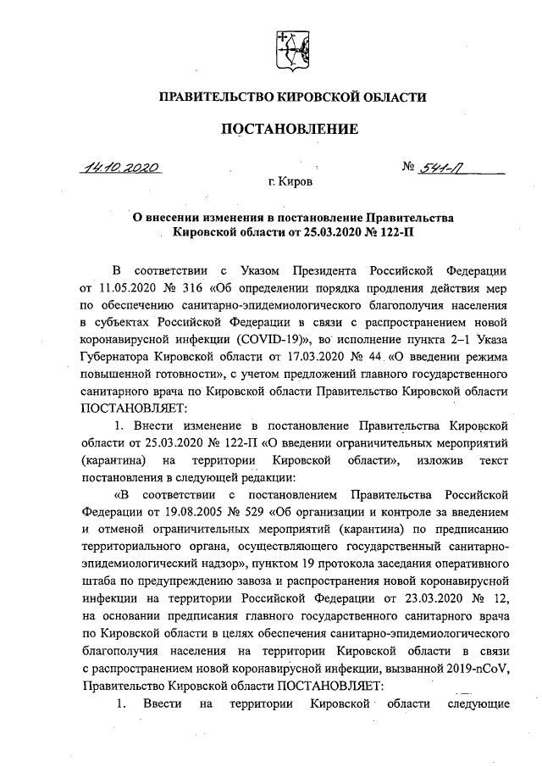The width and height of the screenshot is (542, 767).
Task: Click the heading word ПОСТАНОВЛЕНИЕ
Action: (x=290, y=129)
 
